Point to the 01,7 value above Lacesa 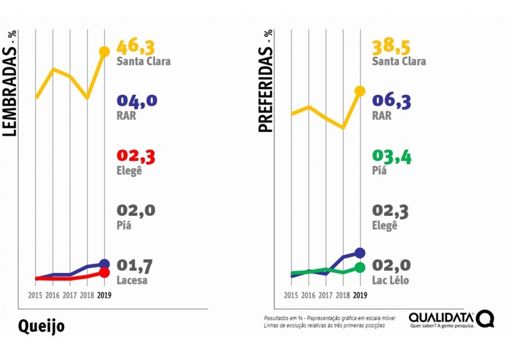pyautogui.click(x=136, y=265)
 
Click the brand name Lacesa pyautogui.click(x=132, y=280)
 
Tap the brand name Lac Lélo pyautogui.click(x=390, y=280)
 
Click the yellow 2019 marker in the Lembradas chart pyautogui.click(x=104, y=51)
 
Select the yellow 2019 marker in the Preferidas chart pyautogui.click(x=360, y=91)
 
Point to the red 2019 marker pyautogui.click(x=104, y=274)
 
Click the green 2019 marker pyautogui.click(x=360, y=268)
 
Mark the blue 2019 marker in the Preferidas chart pyautogui.click(x=360, y=253)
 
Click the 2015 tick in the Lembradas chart pyautogui.click(x=35, y=295)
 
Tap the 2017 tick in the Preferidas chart pyautogui.click(x=325, y=295)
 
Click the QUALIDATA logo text pyautogui.click(x=442, y=317)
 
